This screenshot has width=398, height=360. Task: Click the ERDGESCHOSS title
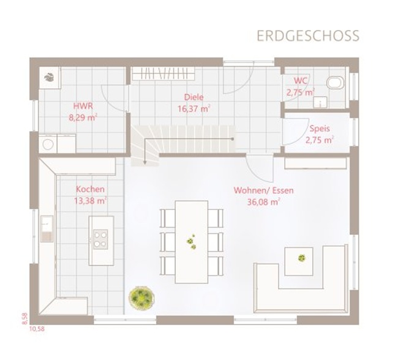pos(308,36)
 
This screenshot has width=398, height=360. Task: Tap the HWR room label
pos(83,106)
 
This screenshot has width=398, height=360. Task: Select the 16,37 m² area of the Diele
pos(194,108)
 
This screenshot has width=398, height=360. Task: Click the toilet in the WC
pos(336,82)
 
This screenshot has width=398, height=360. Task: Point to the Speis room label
pos(320,129)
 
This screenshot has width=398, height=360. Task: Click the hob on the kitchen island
pos(100,239)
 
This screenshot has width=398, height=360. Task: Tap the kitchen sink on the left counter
pos(47,228)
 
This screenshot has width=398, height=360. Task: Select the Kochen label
pos(90,189)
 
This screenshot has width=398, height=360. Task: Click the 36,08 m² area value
pos(264,202)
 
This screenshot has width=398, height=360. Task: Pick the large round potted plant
pos(141,298)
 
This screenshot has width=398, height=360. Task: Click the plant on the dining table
pos(192,242)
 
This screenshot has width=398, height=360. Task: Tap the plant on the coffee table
pos(301,258)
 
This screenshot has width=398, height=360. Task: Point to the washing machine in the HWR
pos(48,144)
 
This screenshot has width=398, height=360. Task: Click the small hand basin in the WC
pos(320,102)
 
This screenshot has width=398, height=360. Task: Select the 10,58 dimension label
pos(37,329)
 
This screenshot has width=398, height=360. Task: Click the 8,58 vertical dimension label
pos(24,318)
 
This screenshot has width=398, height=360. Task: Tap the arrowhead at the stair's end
pos(145,162)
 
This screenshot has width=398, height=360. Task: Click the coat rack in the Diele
pos(163,73)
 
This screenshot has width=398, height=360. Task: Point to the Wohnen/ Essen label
pos(263,190)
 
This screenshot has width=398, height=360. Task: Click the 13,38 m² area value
pos(91,201)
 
